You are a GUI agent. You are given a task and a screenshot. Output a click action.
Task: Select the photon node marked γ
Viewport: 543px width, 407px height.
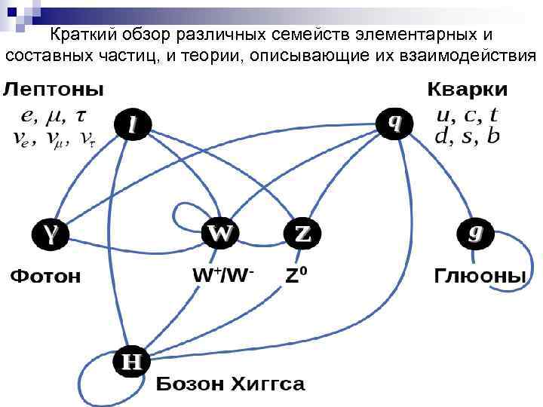[x=50, y=234]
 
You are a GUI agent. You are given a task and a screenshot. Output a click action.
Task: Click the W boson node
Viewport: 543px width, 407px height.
[x=220, y=234]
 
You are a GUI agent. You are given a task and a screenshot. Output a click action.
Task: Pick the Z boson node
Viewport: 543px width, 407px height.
[x=302, y=234]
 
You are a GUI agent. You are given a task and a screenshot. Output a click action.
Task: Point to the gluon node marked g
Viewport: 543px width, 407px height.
[x=474, y=233]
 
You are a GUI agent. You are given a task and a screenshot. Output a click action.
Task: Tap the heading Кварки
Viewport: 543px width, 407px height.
[x=468, y=90]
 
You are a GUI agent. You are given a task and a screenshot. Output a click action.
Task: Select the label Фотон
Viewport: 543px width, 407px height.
[x=45, y=276]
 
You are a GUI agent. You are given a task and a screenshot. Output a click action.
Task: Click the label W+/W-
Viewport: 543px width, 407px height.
[x=222, y=275]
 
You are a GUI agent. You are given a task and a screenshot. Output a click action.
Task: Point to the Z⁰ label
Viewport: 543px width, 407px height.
[x=298, y=275]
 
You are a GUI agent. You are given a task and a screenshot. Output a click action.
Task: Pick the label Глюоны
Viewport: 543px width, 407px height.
[x=479, y=276]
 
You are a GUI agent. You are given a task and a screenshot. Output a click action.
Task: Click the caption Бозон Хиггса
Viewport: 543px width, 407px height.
[x=231, y=384]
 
